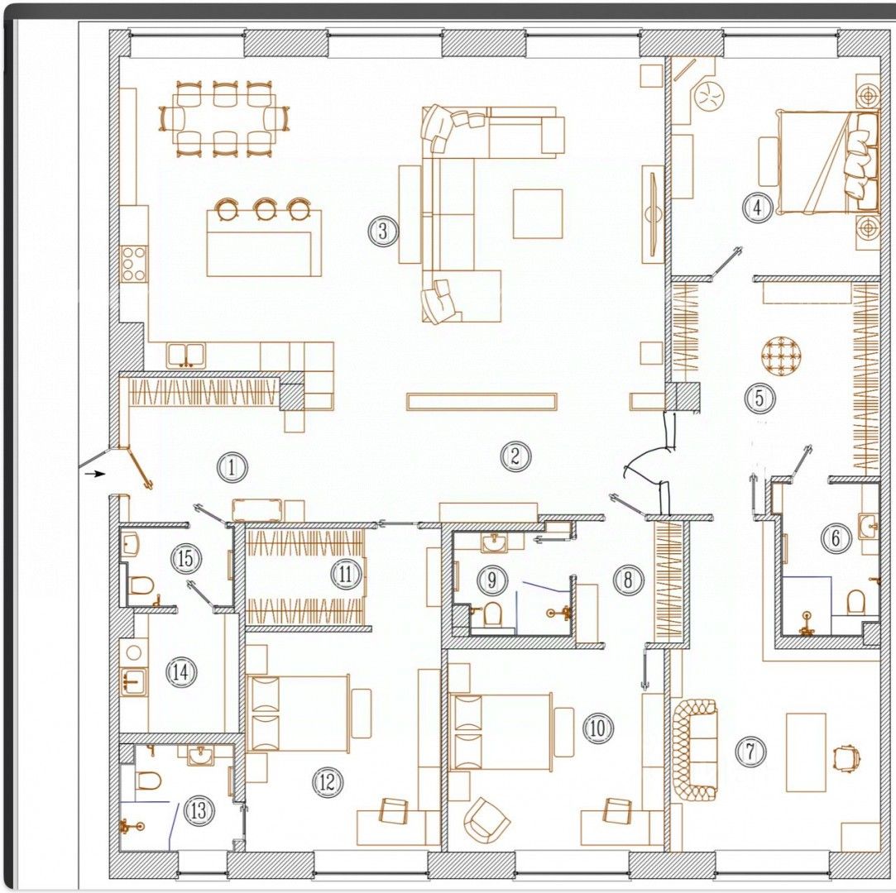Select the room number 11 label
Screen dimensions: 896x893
click(x=345, y=574)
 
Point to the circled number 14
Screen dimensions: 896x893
click(x=180, y=671)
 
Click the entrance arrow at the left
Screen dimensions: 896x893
click(x=95, y=473)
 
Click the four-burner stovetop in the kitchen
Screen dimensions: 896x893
click(x=134, y=264)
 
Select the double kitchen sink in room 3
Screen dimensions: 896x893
click(x=186, y=356)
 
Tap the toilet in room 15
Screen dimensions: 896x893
click(x=140, y=585)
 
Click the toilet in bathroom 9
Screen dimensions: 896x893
click(x=492, y=614)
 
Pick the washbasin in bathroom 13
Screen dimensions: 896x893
click(x=200, y=756)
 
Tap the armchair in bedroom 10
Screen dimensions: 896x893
click(x=486, y=820)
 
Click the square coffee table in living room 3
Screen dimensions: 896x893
click(x=538, y=213)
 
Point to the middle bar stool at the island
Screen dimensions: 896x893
click(x=266, y=209)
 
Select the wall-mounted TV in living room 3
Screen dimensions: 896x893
click(x=652, y=214)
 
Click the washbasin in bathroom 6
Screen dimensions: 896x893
click(x=868, y=525)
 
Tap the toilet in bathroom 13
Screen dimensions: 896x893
click(x=149, y=780)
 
